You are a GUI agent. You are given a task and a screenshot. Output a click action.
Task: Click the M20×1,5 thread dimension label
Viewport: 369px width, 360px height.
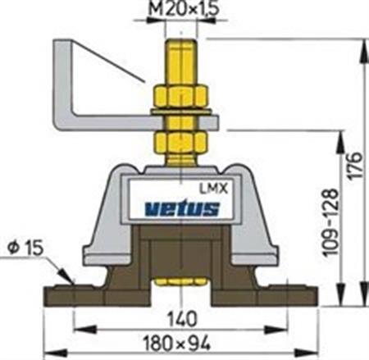coord(183,9)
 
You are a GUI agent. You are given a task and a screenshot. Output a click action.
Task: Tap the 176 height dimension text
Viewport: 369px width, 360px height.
coord(355,165)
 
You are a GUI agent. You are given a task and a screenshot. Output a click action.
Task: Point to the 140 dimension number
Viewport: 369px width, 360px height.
coord(182,319)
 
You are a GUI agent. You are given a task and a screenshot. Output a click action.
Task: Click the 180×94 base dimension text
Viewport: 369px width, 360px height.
coord(177,344)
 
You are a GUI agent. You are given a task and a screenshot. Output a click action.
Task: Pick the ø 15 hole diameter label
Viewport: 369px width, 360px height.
coord(26,248)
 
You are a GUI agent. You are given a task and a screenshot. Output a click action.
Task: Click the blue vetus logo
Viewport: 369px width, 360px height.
coord(182,208)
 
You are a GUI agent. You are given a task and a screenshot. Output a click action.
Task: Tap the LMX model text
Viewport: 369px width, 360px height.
coord(213,189)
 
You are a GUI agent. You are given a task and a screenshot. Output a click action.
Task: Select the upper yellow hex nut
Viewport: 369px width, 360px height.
coord(180,96)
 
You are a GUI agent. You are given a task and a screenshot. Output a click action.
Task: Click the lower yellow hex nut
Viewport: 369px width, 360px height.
coord(180,143)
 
